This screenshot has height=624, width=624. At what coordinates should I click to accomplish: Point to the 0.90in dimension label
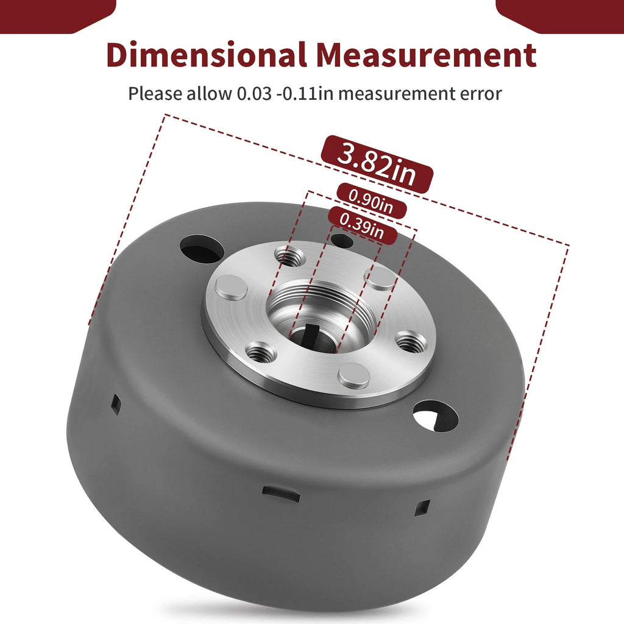[371, 201]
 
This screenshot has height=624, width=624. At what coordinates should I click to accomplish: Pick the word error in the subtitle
[481, 94]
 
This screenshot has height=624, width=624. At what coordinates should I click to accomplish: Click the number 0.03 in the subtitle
[254, 94]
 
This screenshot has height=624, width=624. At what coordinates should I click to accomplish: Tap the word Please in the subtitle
[154, 94]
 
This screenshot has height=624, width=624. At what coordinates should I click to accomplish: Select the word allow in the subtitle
[208, 94]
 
